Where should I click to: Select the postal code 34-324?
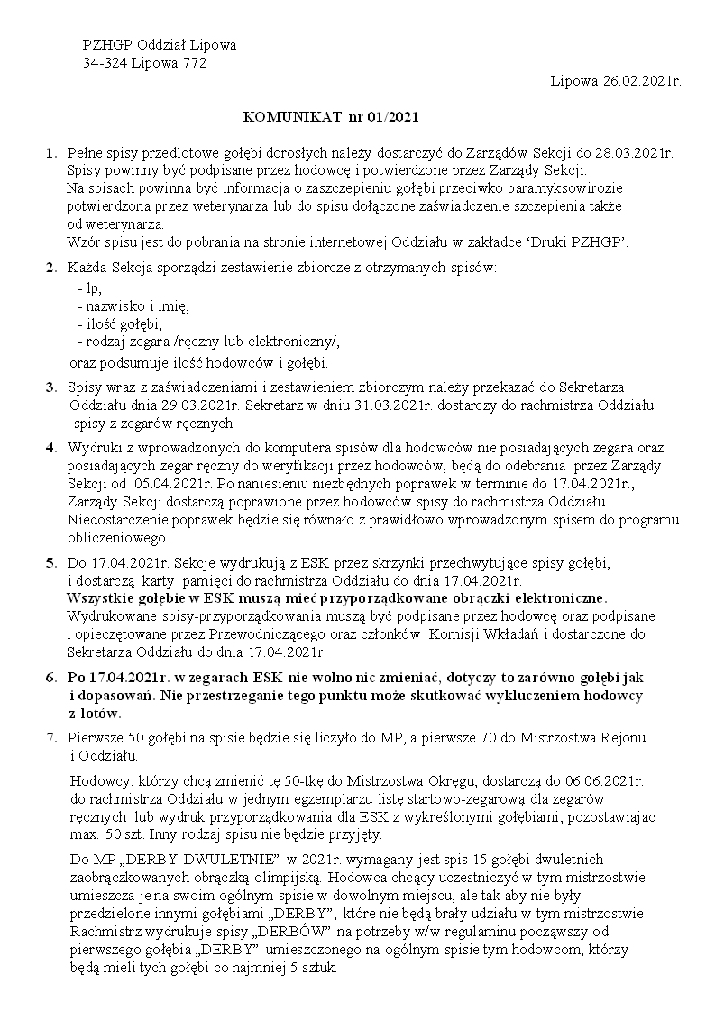click(105, 63)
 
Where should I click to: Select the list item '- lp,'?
click(90, 288)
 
